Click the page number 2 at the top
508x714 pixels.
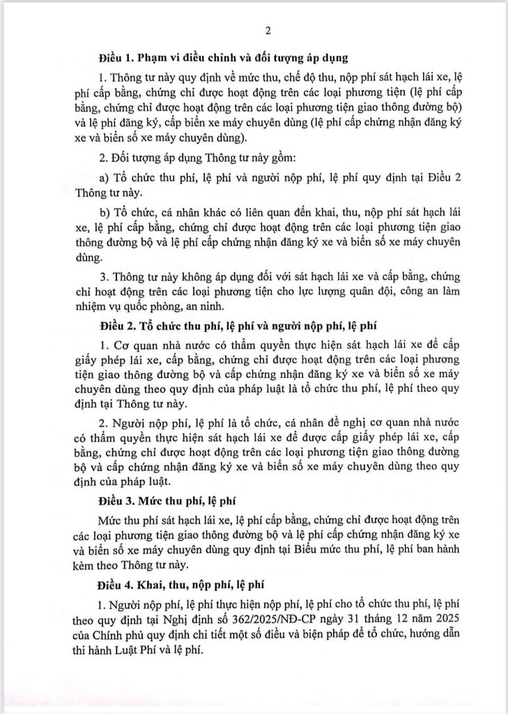pyautogui.click(x=268, y=30)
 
